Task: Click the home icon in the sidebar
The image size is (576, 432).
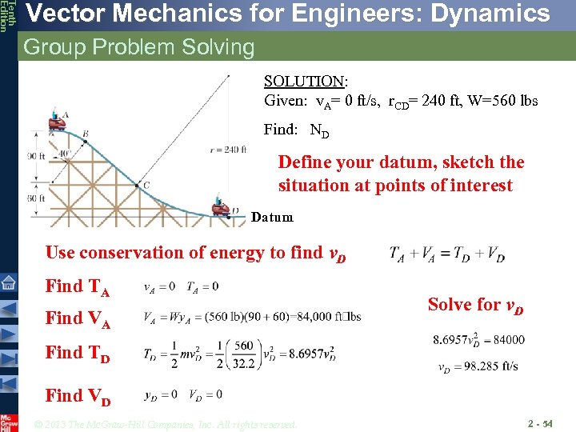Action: click(x=8, y=282)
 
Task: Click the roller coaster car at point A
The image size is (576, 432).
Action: click(x=56, y=123)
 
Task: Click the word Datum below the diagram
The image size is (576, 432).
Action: click(x=272, y=217)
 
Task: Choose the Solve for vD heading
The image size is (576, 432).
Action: click(x=475, y=304)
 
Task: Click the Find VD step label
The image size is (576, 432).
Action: click(x=78, y=396)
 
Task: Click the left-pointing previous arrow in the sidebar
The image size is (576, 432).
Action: click(x=8, y=308)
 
